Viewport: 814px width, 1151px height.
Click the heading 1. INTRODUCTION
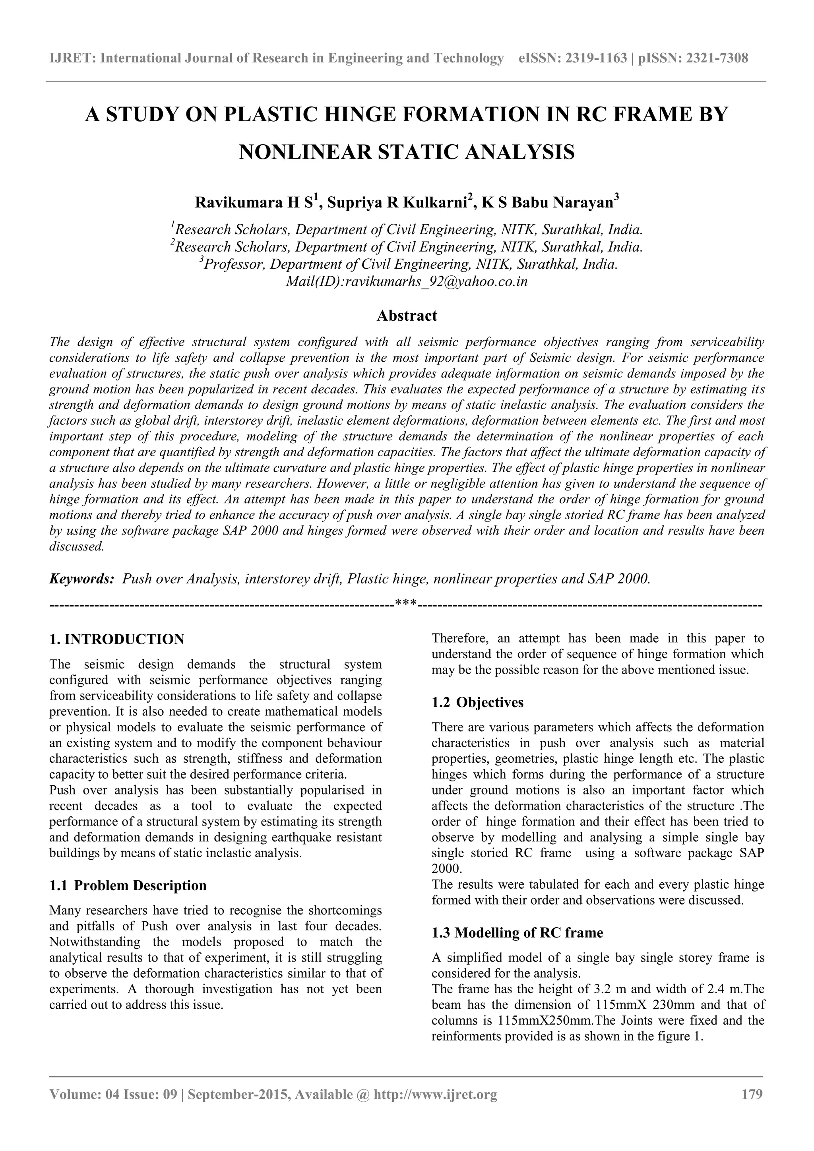[x=117, y=639]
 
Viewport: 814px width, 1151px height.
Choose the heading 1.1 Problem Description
[x=128, y=885]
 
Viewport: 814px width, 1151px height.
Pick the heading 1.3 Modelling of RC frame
[x=517, y=932]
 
